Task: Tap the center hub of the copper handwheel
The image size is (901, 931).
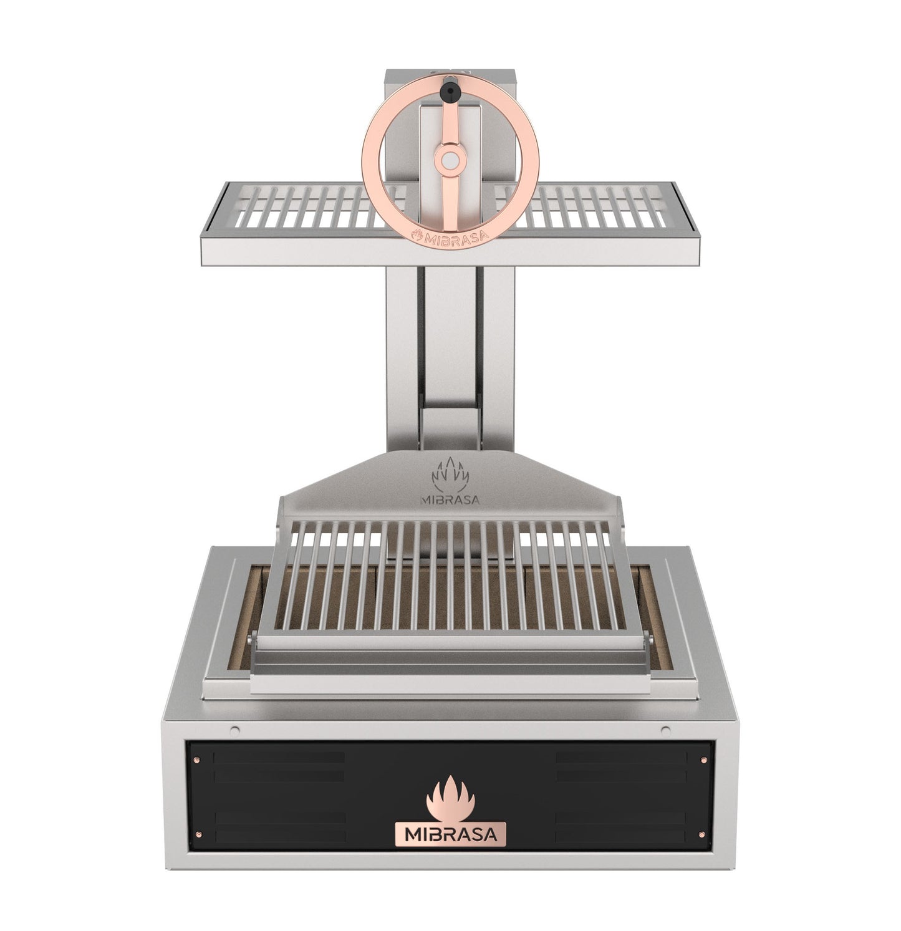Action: (x=449, y=160)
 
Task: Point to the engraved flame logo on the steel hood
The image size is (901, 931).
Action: (x=450, y=474)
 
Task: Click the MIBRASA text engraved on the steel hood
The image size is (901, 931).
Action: (x=450, y=499)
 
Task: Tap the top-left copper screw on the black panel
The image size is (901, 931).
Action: (x=197, y=759)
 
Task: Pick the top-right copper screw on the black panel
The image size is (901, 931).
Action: (x=703, y=759)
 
